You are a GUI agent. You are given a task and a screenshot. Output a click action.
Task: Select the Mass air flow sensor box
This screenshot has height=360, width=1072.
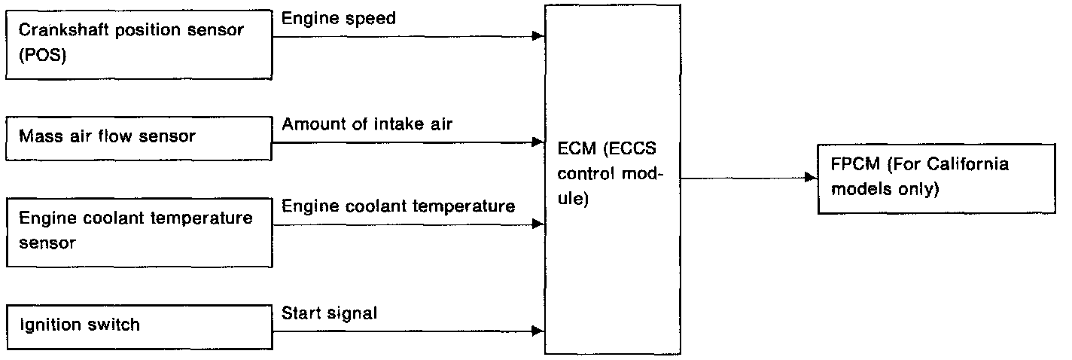coord(139,136)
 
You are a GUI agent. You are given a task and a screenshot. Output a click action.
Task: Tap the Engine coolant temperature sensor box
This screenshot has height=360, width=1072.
coord(139,231)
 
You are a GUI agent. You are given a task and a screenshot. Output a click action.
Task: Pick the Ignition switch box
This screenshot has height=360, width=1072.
coord(139,326)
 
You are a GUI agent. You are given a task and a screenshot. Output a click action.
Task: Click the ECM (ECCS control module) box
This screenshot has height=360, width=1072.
coord(611,177)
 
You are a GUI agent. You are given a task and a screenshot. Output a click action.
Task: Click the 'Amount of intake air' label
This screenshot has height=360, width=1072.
coord(367,124)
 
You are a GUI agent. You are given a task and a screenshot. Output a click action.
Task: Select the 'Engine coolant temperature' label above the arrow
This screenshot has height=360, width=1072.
coord(398,206)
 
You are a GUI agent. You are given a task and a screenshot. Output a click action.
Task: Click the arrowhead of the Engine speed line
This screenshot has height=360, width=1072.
coord(538,35)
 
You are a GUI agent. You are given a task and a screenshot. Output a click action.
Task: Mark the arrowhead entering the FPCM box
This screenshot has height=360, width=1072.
coord(811,178)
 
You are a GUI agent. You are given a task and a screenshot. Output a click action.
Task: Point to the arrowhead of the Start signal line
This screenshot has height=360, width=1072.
coord(538,331)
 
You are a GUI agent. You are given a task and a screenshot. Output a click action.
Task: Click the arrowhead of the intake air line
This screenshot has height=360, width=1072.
coord(538,141)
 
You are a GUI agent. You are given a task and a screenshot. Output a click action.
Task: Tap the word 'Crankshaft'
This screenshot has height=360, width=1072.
coord(56,32)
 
